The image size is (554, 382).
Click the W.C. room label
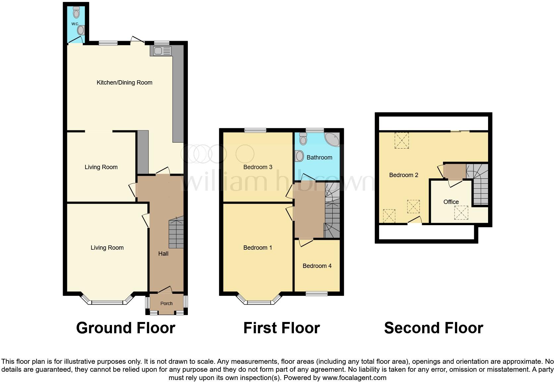[75, 24]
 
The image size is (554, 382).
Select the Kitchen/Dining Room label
[124, 83]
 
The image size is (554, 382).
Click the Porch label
[166, 303]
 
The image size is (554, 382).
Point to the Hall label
[163, 254]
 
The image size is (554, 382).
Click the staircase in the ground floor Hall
[176, 233]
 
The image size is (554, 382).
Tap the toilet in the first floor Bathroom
[303, 139]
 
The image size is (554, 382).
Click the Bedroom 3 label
[257, 167]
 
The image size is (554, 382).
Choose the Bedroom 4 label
[317, 266]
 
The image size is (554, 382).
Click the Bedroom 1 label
[257, 248]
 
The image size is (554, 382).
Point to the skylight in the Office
[461, 213]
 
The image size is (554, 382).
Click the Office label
[451, 202]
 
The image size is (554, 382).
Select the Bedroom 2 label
[403, 175]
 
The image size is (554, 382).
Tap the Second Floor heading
[433, 328]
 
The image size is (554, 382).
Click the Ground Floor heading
[126, 328]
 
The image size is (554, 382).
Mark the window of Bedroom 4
[316, 293]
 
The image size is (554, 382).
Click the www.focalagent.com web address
[354, 378]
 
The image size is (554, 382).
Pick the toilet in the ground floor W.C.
[77, 12]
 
